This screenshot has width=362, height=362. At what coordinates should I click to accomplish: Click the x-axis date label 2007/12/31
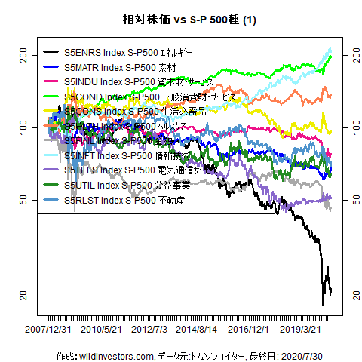[x=48, y=330]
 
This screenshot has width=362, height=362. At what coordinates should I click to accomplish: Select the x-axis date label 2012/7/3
[x=150, y=330]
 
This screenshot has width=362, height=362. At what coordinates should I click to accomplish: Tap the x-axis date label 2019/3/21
[x=304, y=330]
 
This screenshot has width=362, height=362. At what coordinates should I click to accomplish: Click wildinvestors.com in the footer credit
[x=116, y=355]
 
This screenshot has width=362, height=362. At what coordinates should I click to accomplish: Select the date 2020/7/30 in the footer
[x=307, y=355]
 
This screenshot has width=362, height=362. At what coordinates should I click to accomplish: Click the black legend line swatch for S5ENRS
[x=52, y=53]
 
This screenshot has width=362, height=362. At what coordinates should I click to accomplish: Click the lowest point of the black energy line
[x=323, y=304]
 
